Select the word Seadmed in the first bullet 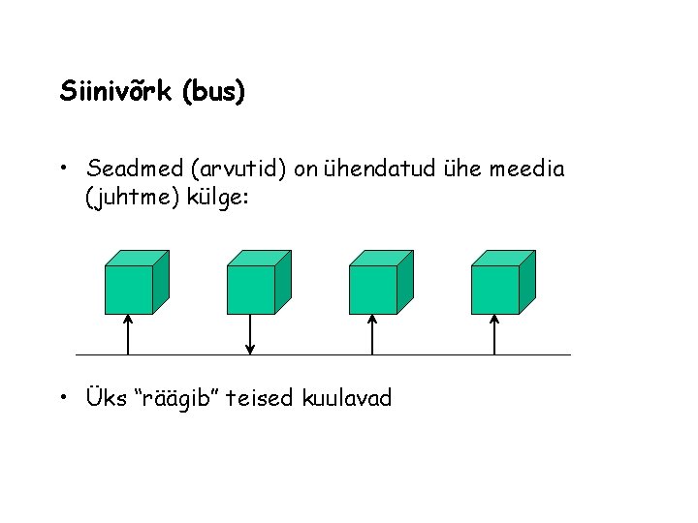pos(135,170)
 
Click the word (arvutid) pos(239,170)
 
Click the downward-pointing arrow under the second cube pos(251,334)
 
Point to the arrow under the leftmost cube pos(129,334)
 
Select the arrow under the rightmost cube pos(495,334)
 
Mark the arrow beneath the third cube pos(373,334)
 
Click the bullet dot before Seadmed pos(63,170)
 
